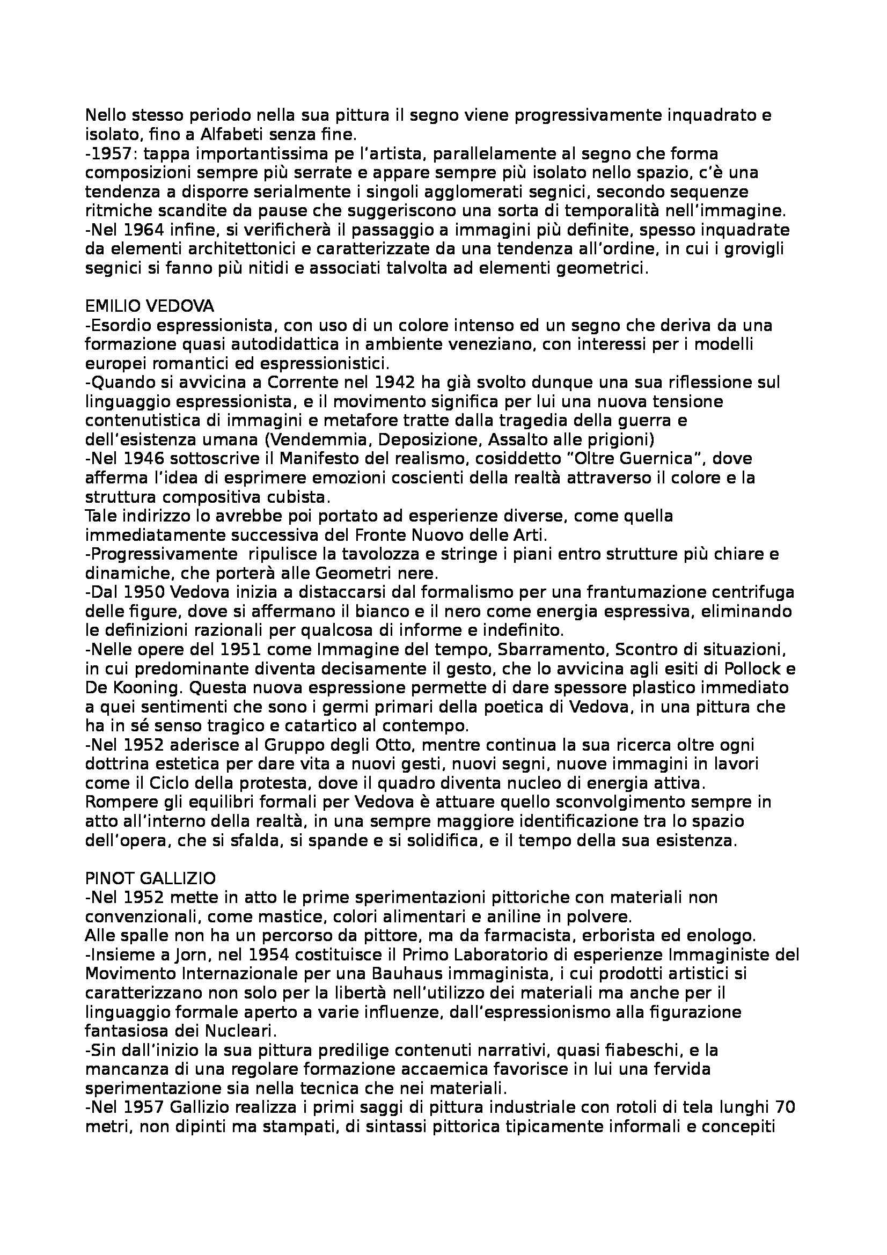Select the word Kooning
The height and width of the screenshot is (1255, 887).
[147, 688]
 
